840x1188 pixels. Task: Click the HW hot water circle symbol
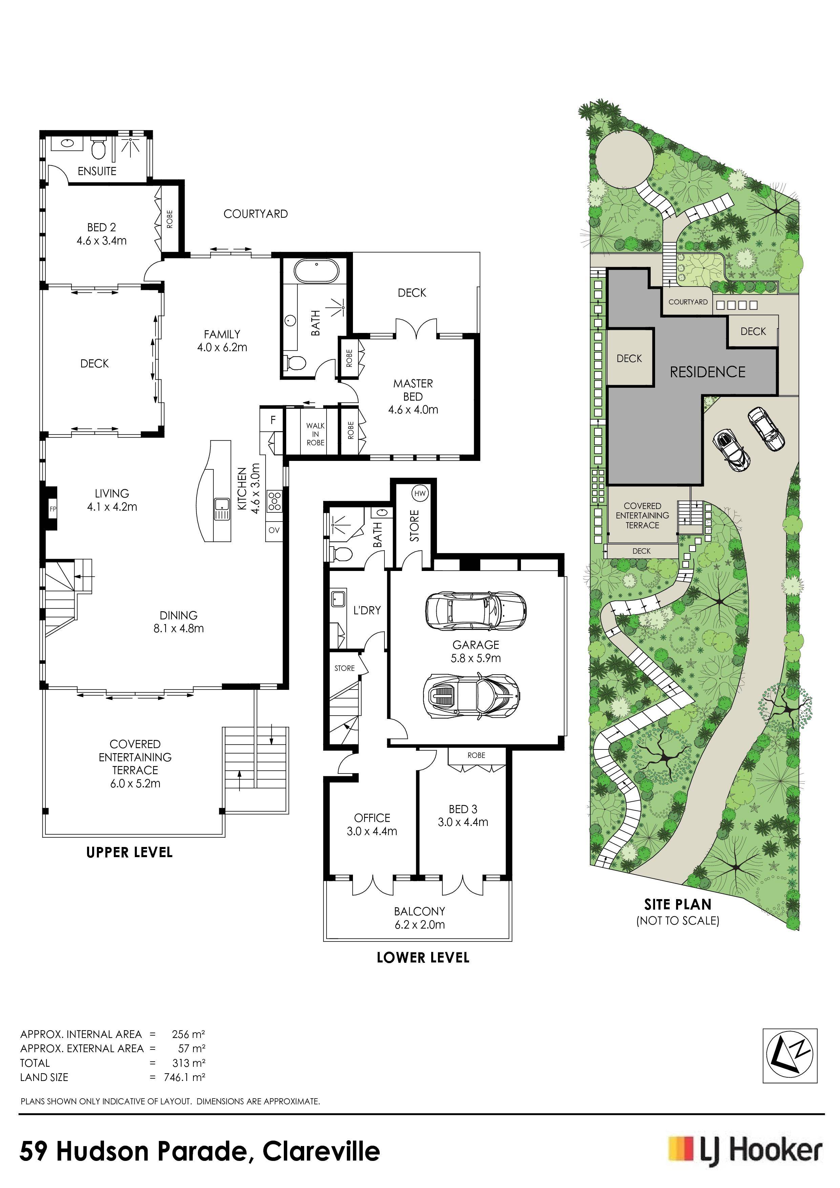420,494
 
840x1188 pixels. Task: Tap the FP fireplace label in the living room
52,509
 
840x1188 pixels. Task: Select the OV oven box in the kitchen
274,530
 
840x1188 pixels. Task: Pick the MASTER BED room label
413,390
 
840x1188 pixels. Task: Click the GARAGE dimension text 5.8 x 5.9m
476,658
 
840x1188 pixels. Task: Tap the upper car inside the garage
476,611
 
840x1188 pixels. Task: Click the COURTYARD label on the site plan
688,302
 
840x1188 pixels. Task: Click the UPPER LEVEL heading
129,852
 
